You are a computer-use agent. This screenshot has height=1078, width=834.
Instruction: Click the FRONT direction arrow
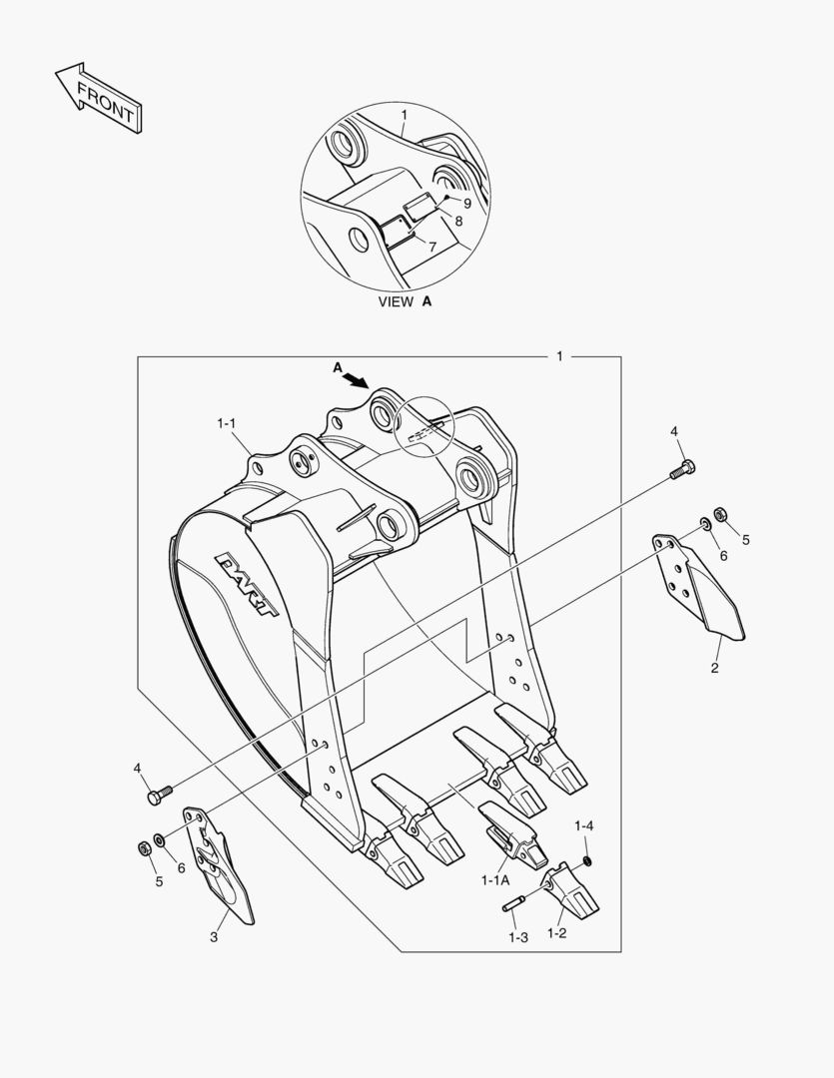[x=97, y=98]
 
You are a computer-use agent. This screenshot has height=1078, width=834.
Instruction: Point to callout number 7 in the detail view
[x=431, y=246]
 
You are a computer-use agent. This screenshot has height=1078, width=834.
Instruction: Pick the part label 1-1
[x=226, y=423]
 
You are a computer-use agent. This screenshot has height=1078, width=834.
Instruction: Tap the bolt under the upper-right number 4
[x=683, y=469]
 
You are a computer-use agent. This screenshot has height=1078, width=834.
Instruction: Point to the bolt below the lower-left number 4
[x=159, y=795]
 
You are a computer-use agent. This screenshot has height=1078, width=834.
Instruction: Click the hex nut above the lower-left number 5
[x=143, y=847]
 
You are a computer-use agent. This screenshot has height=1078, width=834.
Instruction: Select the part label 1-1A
[x=494, y=880]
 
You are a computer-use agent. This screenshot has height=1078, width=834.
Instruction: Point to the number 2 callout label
[x=714, y=668]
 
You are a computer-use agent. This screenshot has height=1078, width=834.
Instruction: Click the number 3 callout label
[x=213, y=936]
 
